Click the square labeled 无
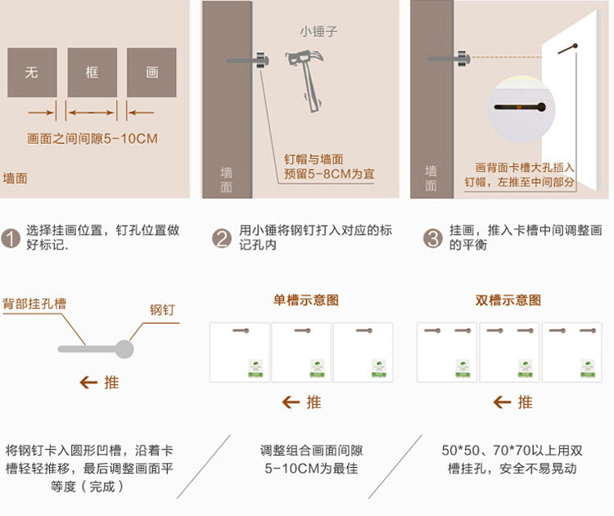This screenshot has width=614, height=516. [x=32, y=73]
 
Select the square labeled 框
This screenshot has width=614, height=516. [x=92, y=73]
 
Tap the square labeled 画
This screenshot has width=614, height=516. [x=151, y=73]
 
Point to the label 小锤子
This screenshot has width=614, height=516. [x=318, y=32]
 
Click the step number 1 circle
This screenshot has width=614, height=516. [x=11, y=238]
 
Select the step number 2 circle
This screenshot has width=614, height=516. [x=221, y=238]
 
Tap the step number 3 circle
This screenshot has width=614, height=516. [x=432, y=238]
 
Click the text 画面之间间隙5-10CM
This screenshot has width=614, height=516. [x=92, y=139]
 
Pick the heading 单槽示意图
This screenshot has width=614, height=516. [x=305, y=300]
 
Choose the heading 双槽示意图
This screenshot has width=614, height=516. [x=508, y=300]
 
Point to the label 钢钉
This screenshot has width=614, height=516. [x=162, y=310]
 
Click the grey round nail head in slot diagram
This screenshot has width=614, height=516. [x=124, y=349]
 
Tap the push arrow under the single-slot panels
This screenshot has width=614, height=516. [x=291, y=402]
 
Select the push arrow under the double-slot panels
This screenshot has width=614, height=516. [x=502, y=402]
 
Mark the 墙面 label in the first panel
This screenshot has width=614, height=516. [x=16, y=177]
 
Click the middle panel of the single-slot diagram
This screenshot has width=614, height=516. [x=301, y=352]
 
